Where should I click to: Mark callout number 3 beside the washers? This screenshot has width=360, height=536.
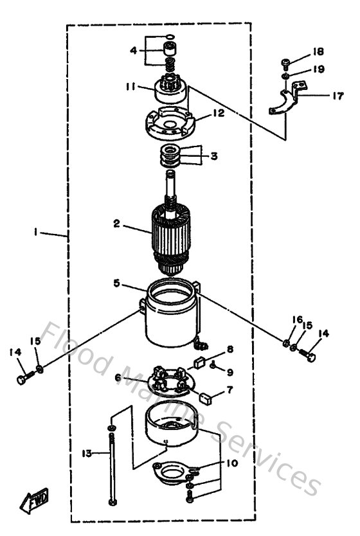(213, 155)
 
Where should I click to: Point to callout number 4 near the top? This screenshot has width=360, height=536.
(132, 49)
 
